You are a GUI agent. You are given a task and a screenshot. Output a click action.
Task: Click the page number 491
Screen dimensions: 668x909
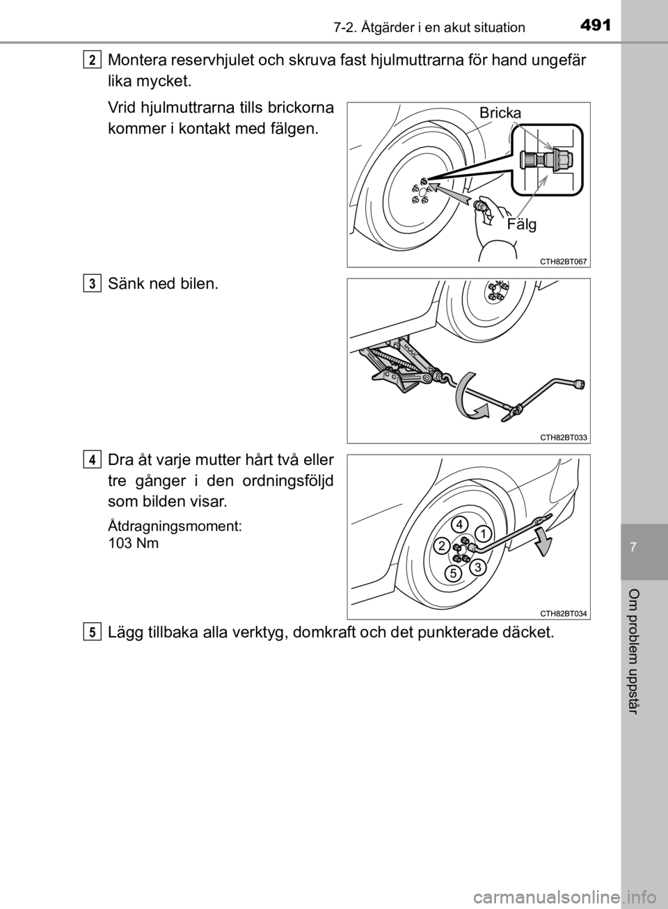point(596,26)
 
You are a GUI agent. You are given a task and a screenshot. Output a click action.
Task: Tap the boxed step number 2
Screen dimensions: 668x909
point(93,60)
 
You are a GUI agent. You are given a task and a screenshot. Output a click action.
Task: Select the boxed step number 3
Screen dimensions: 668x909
point(93,283)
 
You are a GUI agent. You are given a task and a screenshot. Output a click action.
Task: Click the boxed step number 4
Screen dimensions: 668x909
point(93,460)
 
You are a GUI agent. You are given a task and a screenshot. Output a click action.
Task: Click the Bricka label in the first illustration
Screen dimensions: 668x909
point(500,113)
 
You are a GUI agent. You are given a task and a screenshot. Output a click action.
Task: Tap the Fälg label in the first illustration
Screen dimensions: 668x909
point(522,224)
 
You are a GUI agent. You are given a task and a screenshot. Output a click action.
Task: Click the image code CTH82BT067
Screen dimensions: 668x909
point(564,262)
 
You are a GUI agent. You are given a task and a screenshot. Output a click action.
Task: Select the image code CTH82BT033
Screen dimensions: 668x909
point(564,438)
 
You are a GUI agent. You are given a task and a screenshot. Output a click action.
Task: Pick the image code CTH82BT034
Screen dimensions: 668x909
point(564,614)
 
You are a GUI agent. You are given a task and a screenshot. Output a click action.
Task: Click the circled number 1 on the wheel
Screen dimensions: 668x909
point(483,535)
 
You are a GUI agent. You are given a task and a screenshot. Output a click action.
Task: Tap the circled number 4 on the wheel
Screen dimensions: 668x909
point(459,524)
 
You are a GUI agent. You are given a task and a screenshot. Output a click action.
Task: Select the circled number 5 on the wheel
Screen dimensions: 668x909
point(453,573)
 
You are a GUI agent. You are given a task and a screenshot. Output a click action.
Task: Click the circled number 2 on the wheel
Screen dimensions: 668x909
point(442,546)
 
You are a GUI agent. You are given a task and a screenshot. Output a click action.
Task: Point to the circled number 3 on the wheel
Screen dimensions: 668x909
point(478,567)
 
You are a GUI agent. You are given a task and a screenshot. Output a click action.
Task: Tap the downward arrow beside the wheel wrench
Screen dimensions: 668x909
point(543,542)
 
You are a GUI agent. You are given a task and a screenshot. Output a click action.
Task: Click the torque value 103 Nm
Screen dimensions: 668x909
point(134,543)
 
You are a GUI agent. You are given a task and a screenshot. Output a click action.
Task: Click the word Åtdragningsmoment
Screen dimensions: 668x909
point(175,526)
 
